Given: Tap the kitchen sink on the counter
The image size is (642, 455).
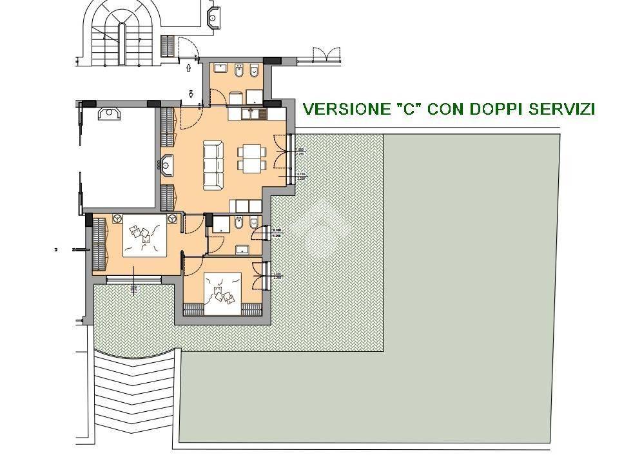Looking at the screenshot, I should [257, 114].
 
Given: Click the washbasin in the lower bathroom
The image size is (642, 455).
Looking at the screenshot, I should [243, 249].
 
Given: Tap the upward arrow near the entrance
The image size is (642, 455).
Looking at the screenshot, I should [188, 66].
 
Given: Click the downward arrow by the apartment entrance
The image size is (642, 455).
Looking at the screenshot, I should [191, 95].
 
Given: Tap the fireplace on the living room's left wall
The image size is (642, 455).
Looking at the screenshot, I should [168, 165].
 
